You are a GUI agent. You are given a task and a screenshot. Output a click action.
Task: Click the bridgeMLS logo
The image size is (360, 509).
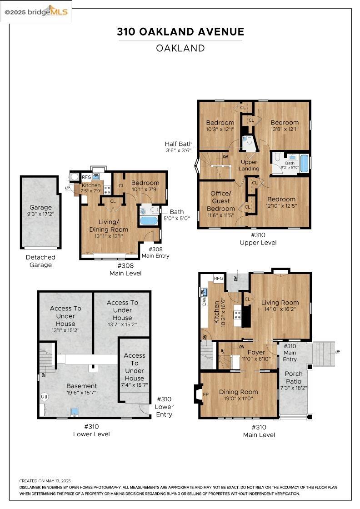36,12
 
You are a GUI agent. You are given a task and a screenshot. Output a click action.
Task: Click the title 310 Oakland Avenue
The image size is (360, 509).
180,32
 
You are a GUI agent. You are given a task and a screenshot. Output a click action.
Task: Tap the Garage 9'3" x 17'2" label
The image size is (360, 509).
40,210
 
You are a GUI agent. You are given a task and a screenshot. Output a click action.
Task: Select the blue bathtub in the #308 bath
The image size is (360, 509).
149,221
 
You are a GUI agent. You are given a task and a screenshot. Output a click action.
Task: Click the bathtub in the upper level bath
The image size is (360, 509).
304,163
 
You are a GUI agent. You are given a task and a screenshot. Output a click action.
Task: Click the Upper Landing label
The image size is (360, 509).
249,165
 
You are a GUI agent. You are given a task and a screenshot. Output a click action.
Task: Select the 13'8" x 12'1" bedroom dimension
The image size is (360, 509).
285,129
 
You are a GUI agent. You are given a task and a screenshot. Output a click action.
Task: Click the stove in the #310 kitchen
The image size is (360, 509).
238,314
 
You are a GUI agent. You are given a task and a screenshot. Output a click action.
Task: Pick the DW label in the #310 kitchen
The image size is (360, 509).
204,302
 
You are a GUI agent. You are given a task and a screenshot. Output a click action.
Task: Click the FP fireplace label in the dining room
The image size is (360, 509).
205,394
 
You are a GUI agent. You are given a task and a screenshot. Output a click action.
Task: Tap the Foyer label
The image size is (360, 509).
256,352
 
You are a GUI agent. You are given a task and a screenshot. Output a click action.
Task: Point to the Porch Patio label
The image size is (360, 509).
294,378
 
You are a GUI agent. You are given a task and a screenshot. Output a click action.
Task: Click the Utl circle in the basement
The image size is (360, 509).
44,397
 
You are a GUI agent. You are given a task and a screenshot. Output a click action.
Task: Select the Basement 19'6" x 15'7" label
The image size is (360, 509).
81,389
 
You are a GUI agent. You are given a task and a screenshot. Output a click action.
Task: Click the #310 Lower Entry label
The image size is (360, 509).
164,407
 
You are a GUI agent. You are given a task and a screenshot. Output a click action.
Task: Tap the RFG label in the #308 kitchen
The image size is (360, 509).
86,177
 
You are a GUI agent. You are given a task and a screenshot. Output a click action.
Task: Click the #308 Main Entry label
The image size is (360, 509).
155,252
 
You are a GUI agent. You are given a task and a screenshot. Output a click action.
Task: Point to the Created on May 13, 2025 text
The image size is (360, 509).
45,481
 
